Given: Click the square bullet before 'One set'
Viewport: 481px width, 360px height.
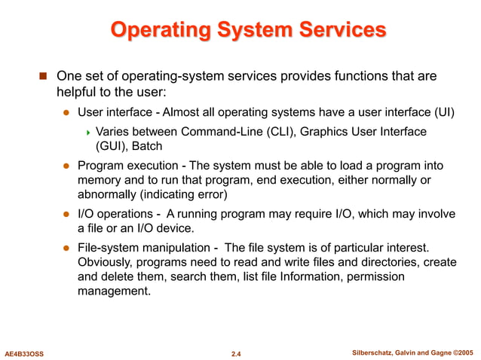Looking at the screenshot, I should tap(43, 78).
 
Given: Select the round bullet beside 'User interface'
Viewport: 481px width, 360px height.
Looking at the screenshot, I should tap(66, 114).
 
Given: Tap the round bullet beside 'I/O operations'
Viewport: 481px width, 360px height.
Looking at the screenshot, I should tap(66, 215).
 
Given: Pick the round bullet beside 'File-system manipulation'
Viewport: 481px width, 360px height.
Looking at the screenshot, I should tap(66, 248).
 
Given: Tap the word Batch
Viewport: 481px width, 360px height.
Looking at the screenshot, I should tap(147, 147).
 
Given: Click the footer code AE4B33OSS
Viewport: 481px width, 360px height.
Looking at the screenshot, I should tap(25, 352).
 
